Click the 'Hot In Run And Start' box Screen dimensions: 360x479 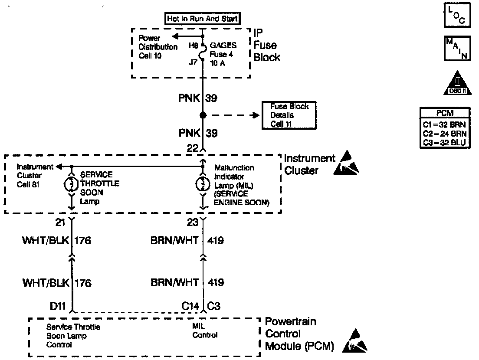(x=203, y=19)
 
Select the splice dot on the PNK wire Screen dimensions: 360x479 (x=203, y=115)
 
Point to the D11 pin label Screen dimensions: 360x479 (x=57, y=307)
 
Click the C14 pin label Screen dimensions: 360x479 (x=190, y=307)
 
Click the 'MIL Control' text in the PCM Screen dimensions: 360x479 (x=205, y=331)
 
